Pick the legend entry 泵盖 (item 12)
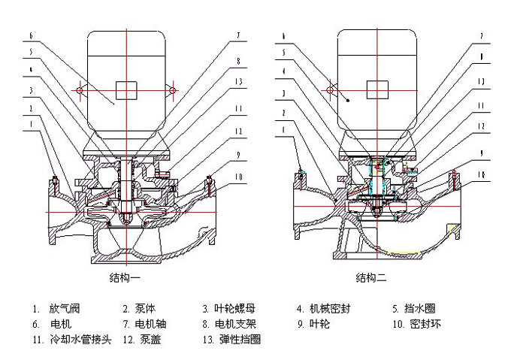(x=144, y=340)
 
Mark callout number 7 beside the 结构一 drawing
(x=236, y=35)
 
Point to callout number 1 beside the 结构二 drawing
(x=282, y=129)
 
